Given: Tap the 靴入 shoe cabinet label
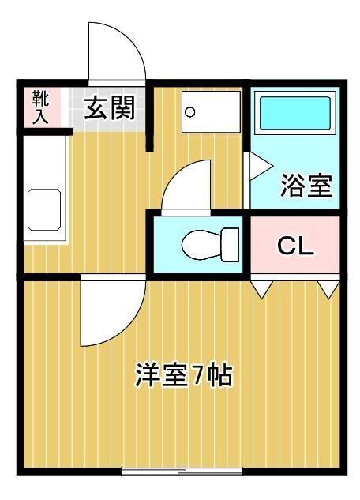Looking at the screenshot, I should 40,107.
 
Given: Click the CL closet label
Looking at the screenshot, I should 295,246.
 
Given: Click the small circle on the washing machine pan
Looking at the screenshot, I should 190,111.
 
